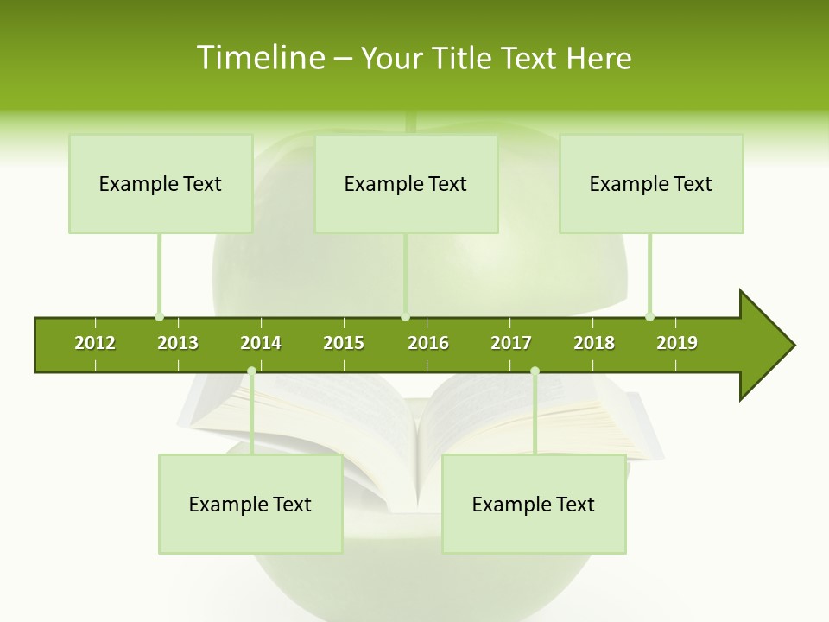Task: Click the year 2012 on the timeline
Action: (95, 343)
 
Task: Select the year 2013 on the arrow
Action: (178, 343)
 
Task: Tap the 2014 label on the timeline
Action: (261, 343)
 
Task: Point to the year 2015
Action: (344, 343)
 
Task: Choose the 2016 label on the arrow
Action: (428, 343)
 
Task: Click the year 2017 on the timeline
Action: (511, 343)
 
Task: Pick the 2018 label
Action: (594, 343)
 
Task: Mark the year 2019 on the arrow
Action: (677, 343)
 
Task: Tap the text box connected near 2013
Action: (161, 184)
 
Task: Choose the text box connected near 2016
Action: (406, 184)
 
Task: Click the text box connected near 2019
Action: (651, 184)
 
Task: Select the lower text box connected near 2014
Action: (250, 505)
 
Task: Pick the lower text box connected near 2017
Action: (534, 505)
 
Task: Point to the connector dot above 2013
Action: (159, 316)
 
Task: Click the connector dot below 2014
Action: (251, 371)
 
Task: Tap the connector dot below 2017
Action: (535, 371)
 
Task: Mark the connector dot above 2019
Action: (649, 316)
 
